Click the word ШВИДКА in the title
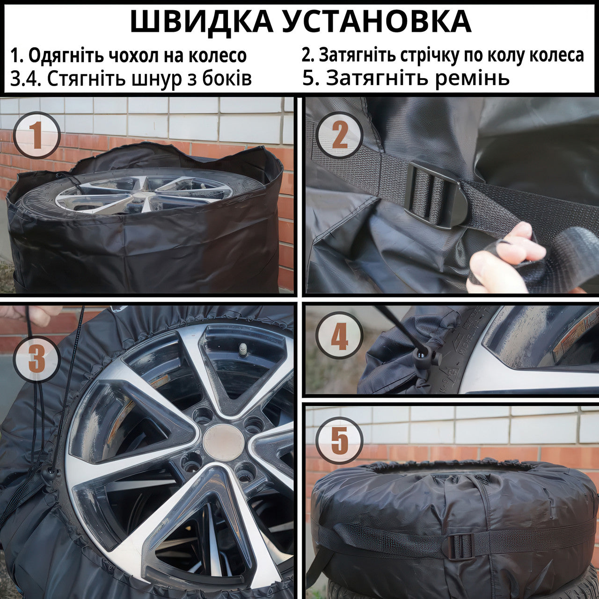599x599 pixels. (202, 21)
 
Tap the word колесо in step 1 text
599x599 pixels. (218, 56)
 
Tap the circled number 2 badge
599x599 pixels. (339, 136)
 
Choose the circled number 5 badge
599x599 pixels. (339, 440)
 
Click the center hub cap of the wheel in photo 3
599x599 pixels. (224, 443)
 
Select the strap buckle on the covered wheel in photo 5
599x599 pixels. (460, 546)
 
